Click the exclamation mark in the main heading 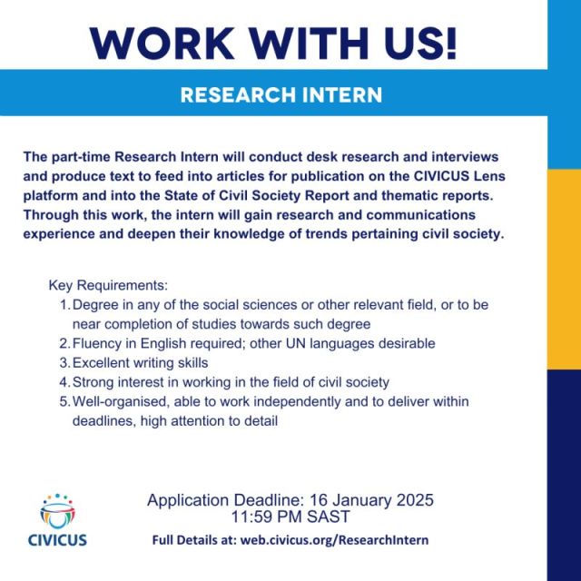(x=451, y=44)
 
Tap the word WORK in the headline (x=162, y=44)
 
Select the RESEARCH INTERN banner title (x=281, y=94)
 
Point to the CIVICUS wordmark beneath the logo (x=57, y=540)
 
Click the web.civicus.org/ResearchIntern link (x=334, y=540)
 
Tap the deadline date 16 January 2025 (x=371, y=500)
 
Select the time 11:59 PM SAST (x=290, y=517)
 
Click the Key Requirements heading (x=108, y=286)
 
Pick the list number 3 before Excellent (x=64, y=363)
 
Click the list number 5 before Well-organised (x=64, y=401)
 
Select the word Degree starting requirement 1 (x=95, y=305)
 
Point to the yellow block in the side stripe (x=564, y=269)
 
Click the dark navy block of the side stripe (x=564, y=475)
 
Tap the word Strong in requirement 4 (x=93, y=382)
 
